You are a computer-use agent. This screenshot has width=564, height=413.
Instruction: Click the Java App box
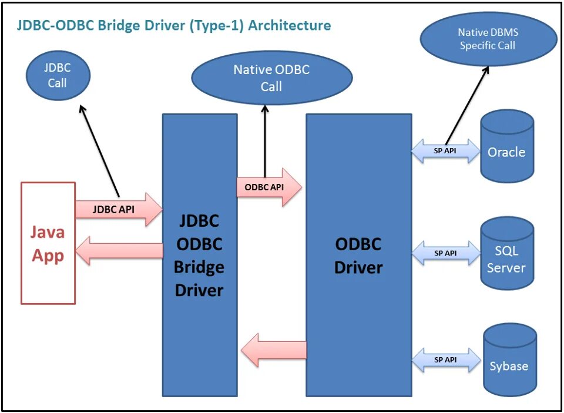tap(48, 243)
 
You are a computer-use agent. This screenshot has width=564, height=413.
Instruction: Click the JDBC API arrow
tap(117, 209)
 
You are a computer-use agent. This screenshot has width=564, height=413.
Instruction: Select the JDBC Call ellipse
tap(58, 75)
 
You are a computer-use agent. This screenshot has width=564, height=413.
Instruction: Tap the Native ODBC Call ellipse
tap(271, 78)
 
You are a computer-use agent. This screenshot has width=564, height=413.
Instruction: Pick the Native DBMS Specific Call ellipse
tap(488, 39)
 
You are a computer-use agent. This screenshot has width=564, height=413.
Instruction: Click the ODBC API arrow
tap(268, 187)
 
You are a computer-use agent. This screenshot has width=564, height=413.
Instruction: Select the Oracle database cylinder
tap(506, 147)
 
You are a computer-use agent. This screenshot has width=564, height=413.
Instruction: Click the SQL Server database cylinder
tap(506, 254)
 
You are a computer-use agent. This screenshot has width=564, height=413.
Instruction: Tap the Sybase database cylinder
tap(509, 360)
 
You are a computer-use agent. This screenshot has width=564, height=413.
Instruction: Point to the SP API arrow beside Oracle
tap(445, 150)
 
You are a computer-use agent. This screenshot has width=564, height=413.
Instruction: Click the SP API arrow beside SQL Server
tap(445, 253)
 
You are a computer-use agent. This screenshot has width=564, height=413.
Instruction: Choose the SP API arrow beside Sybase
tap(445, 360)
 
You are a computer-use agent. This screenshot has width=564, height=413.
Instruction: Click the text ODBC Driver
tap(358, 256)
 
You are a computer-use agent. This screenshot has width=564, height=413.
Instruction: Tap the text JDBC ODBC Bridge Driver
tap(199, 255)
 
